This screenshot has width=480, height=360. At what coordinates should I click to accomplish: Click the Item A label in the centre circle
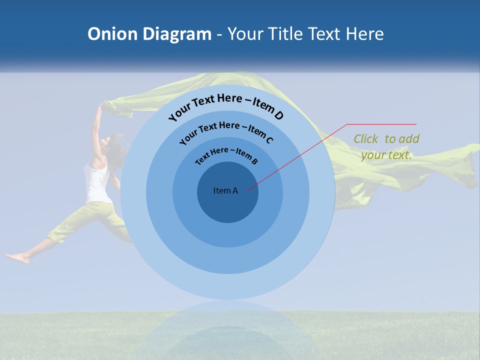pos(225,190)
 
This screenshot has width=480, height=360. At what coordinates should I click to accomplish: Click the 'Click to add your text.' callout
pos(386,147)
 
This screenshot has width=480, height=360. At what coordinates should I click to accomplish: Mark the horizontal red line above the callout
pos(381,124)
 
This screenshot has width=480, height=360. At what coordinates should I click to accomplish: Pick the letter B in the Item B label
pos(254,161)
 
